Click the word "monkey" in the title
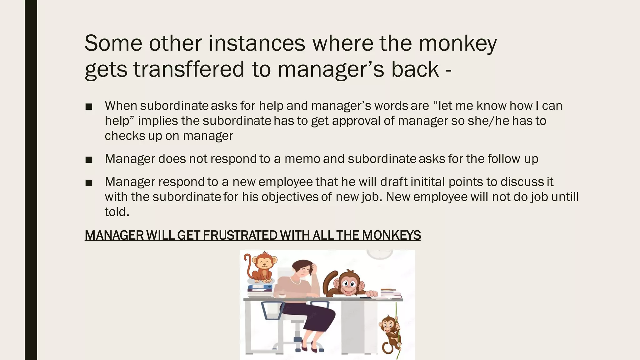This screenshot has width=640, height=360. (457, 44)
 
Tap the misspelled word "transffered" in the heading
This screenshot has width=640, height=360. (189, 69)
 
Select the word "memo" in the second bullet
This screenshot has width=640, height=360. (302, 159)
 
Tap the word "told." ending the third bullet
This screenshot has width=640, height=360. (117, 212)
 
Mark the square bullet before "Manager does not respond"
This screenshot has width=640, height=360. (88, 160)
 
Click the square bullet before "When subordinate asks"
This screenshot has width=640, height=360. (88, 107)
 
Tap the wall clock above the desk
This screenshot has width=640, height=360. (379, 254)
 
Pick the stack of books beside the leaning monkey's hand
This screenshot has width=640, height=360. (390, 293)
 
